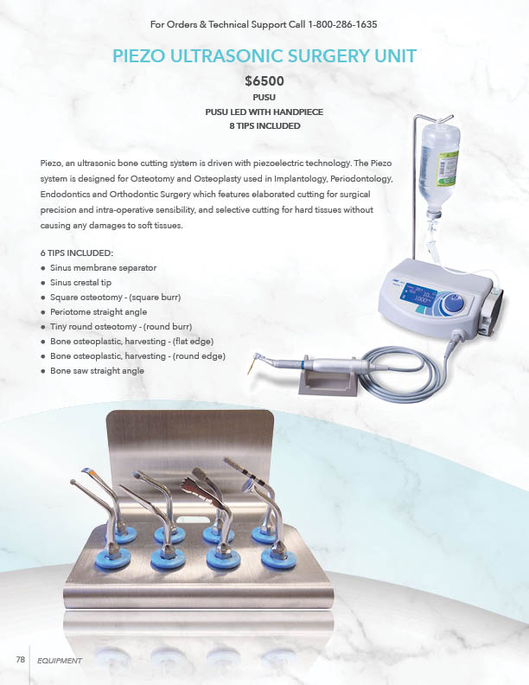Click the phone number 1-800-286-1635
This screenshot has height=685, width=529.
tap(342, 24)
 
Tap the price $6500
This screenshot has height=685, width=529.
tap(264, 81)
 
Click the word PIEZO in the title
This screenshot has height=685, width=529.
tap(139, 56)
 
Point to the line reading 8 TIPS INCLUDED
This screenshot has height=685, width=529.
tap(265, 125)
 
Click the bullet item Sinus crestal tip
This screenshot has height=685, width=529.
tap(80, 283)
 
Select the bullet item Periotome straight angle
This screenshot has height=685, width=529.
tap(99, 312)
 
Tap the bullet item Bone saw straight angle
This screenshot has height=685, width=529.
tap(97, 370)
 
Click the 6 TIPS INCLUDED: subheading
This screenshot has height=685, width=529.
tap(77, 253)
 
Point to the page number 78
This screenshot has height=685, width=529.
tap(21, 660)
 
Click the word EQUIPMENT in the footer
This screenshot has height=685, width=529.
tap(60, 661)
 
